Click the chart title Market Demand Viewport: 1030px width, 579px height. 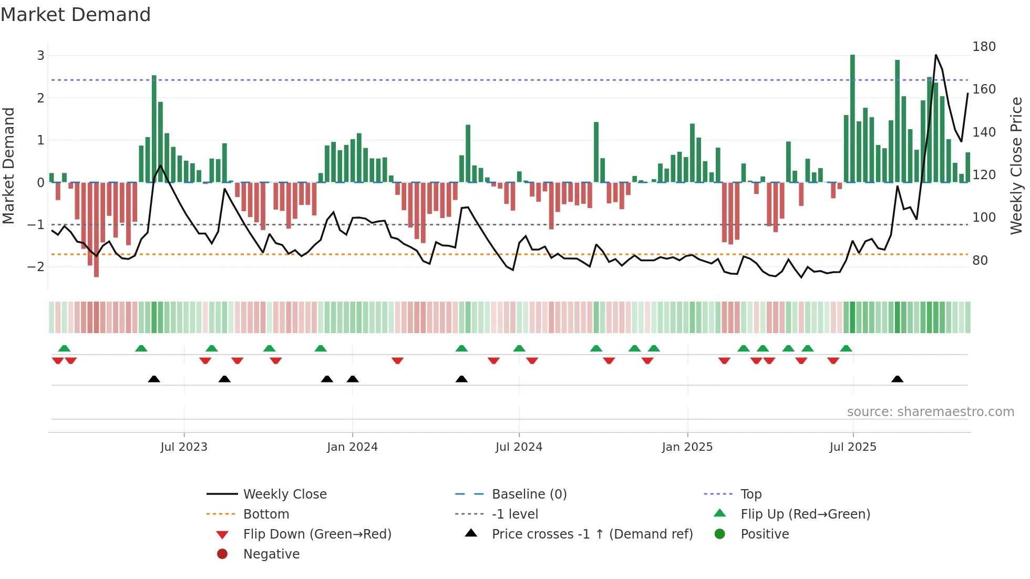(x=76, y=15)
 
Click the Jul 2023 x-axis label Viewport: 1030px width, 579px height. (x=184, y=447)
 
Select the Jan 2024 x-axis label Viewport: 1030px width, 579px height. (x=352, y=447)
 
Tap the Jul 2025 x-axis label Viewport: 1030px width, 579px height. (x=853, y=447)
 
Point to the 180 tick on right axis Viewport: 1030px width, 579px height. (x=984, y=47)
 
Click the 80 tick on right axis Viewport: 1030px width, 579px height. (x=980, y=261)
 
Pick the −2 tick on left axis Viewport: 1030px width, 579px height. (x=36, y=267)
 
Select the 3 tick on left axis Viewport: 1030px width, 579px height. (x=40, y=56)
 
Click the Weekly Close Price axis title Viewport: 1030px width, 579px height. (x=1016, y=166)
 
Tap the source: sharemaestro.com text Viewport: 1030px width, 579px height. (x=930, y=412)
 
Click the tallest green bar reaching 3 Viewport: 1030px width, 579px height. (x=852, y=118)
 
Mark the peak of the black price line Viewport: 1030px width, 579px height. (x=936, y=55)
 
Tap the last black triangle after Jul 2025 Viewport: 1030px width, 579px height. (x=898, y=379)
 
